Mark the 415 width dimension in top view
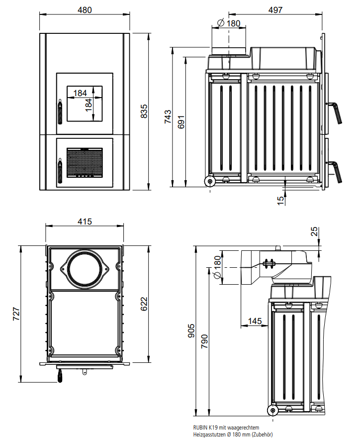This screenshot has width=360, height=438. tap(85, 222)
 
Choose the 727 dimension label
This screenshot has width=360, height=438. tap(15, 312)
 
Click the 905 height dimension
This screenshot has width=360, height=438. tap(191, 330)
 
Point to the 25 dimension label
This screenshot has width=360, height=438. tap(313, 232)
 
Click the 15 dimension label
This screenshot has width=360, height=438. tap(280, 200)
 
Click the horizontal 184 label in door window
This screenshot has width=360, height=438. tap(80, 93)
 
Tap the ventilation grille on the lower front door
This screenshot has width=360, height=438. tap(85, 162)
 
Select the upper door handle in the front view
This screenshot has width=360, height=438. tap(60, 111)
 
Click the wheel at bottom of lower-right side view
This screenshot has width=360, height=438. tap(272, 410)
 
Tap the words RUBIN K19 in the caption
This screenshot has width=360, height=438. tap(205, 427)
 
